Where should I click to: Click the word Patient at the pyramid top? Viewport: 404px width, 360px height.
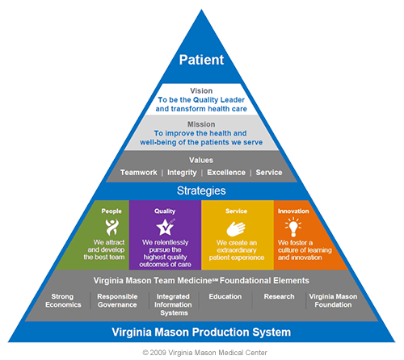(201, 60)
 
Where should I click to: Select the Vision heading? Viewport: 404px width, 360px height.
(201, 90)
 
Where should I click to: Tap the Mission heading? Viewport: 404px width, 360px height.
(201, 124)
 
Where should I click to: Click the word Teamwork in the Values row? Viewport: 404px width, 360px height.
(139, 172)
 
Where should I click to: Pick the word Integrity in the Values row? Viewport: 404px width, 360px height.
(182, 173)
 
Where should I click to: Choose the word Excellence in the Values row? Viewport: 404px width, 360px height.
(226, 172)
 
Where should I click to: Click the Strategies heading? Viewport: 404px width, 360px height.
(201, 190)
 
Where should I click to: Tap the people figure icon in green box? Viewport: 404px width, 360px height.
(112, 227)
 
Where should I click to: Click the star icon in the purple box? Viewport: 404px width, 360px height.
(166, 227)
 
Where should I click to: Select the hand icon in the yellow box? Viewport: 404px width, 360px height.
(236, 228)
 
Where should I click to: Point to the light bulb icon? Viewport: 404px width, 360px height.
(293, 227)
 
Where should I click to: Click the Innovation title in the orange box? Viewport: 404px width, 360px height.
(293, 211)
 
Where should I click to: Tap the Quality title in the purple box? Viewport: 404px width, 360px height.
(165, 211)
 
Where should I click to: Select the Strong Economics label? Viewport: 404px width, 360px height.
(63, 300)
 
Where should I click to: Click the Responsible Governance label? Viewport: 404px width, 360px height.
(117, 300)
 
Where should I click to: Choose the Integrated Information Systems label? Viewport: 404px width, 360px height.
(173, 304)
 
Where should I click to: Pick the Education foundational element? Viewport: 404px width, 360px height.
(225, 296)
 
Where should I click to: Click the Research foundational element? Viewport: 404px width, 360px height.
(279, 296)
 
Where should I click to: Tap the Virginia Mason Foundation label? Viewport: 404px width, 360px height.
(333, 300)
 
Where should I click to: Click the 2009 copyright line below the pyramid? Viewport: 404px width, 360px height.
(204, 353)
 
